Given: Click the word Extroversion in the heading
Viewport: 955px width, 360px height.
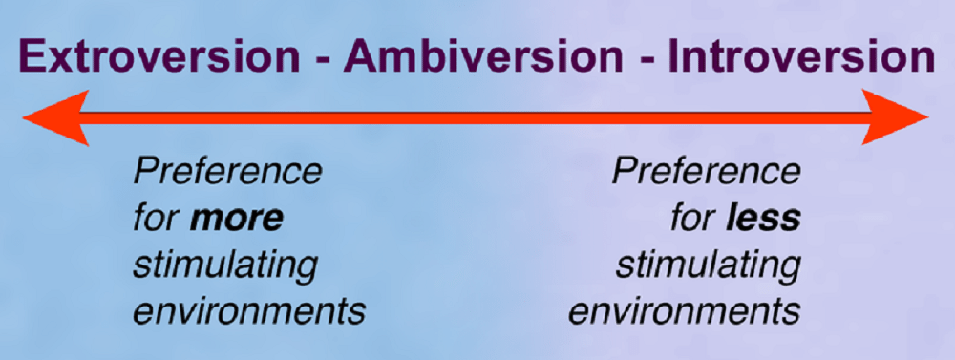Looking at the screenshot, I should pyautogui.click(x=159, y=59).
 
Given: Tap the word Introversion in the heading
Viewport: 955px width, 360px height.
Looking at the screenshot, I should pyautogui.click(x=800, y=59).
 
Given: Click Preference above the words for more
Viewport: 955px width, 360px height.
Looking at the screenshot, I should pyautogui.click(x=227, y=174).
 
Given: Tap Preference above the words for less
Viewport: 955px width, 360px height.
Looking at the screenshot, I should pyautogui.click(x=706, y=174).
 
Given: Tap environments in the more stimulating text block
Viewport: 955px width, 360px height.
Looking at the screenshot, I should pyautogui.click(x=248, y=311).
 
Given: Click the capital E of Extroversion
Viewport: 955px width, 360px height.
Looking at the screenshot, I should pyautogui.click(x=33, y=59).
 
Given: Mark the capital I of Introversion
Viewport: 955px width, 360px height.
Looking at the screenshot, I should pyautogui.click(x=674, y=59).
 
